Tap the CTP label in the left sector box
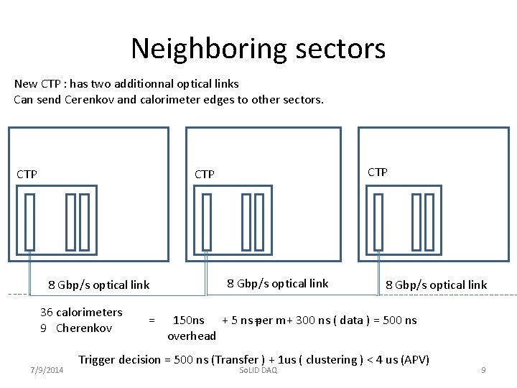tap(27, 174)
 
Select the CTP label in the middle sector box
tap(205, 174)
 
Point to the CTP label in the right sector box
tap(378, 172)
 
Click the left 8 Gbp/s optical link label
tap(98, 285)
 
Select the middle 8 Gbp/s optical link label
tap(278, 283)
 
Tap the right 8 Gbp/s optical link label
tap(437, 285)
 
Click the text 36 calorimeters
tap(81, 312)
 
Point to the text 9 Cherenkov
tap(76, 328)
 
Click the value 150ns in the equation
tap(189, 320)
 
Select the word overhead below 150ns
tap(192, 336)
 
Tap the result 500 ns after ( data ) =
tap(400, 320)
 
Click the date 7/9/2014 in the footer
tap(47, 370)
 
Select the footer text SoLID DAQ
tap(258, 370)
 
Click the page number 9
tap(483, 370)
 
